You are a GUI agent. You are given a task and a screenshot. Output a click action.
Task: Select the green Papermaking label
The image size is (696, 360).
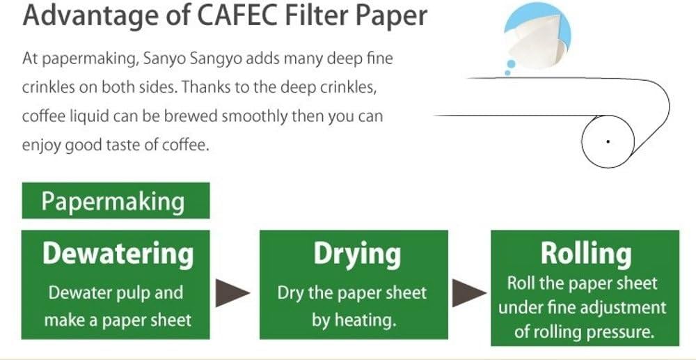coord(116,201)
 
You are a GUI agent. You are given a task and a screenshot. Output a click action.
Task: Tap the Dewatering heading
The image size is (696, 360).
coord(118,254)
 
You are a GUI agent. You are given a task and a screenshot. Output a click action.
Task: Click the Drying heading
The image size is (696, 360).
coord(357,255)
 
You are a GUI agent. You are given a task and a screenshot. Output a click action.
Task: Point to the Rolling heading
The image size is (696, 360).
coord(586,254)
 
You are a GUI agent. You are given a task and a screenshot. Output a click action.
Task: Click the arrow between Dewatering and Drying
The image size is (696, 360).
coord(232,293)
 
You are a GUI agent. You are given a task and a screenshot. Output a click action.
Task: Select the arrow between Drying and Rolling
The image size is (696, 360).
coord(468,293)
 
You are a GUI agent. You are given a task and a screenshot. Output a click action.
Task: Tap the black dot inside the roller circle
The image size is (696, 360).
coord(608,141)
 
